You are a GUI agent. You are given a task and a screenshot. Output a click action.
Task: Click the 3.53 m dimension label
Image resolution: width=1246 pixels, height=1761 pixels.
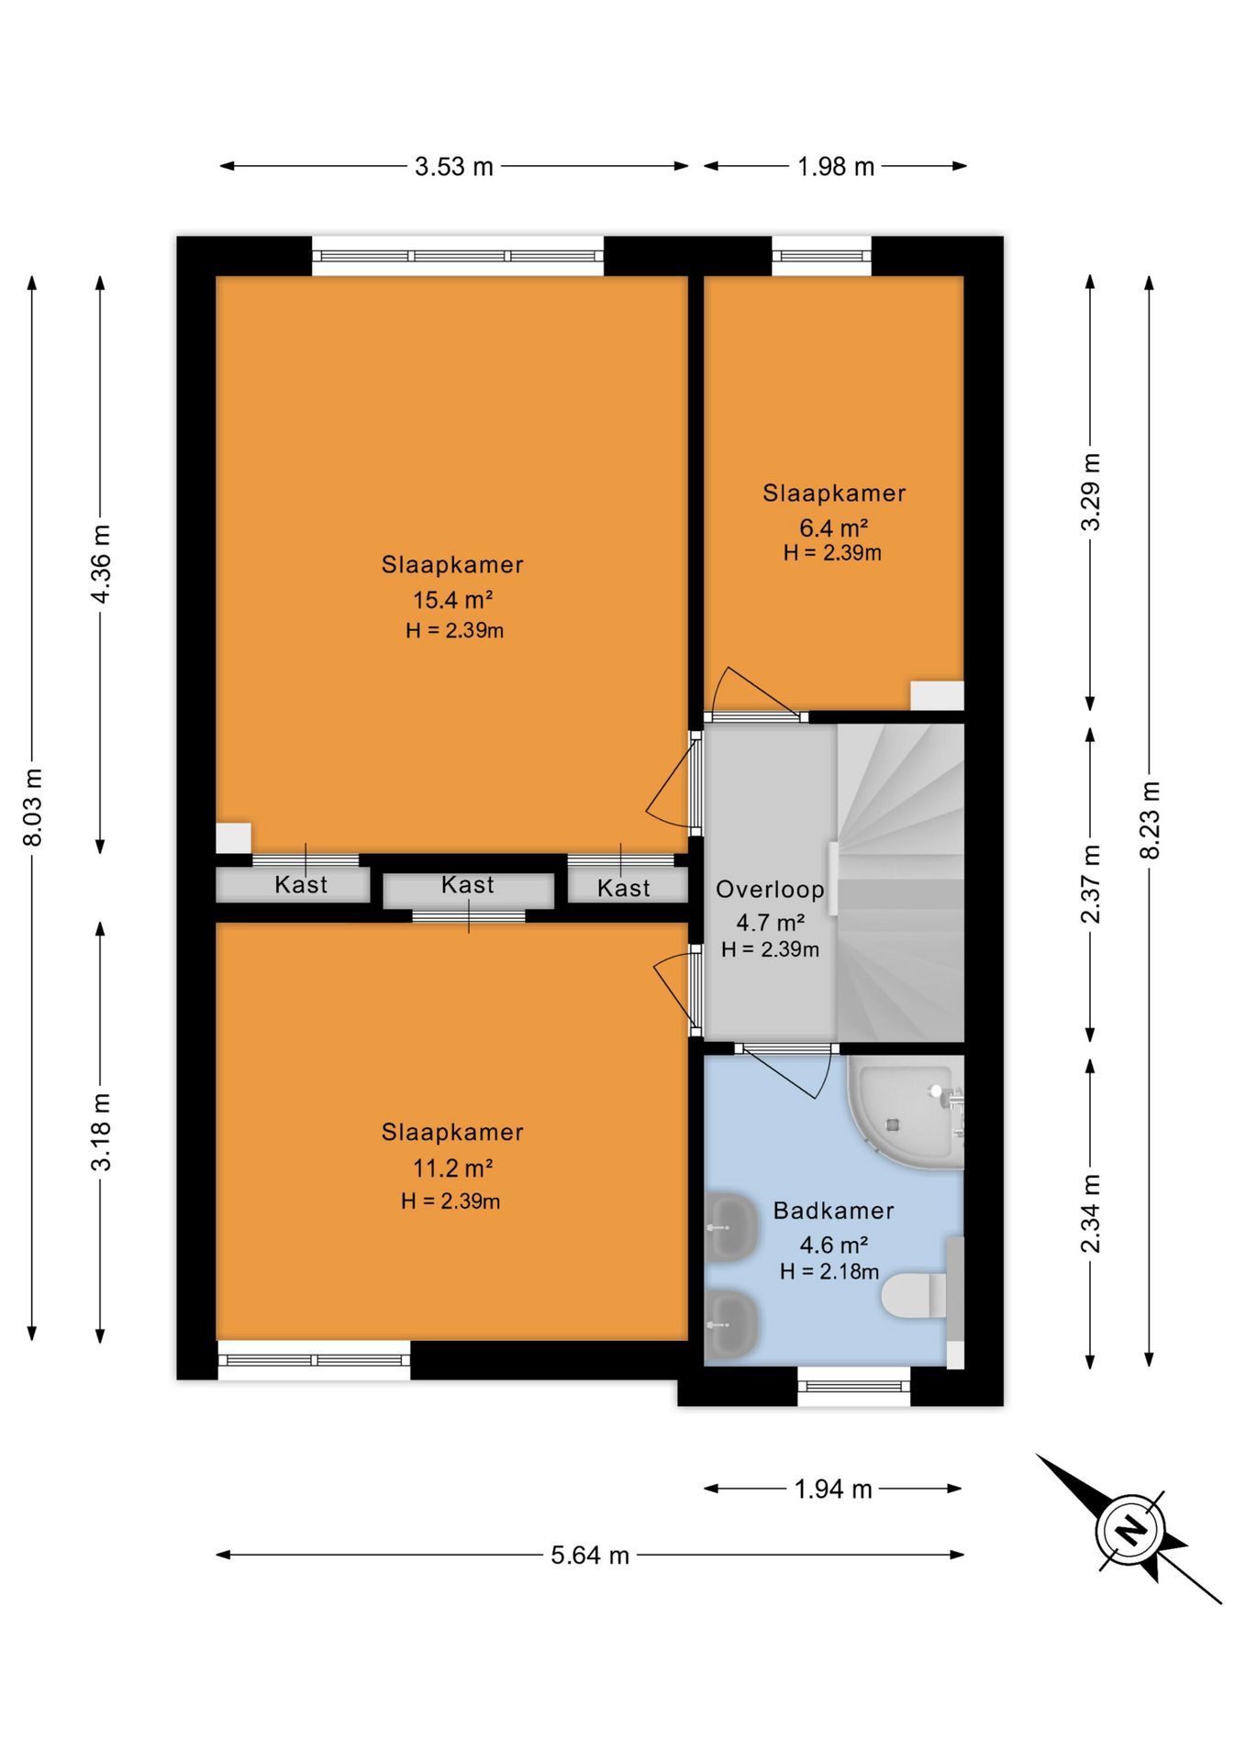click(x=454, y=167)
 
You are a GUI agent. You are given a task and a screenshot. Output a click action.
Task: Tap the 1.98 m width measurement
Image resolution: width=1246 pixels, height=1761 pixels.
click(x=836, y=167)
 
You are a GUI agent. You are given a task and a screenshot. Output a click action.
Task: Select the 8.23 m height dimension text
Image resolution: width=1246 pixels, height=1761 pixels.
click(x=1150, y=820)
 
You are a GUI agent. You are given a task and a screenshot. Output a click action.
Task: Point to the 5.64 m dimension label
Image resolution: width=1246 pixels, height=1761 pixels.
click(x=590, y=1556)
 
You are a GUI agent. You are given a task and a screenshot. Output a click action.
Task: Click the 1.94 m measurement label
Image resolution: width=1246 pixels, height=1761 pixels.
click(x=833, y=1490)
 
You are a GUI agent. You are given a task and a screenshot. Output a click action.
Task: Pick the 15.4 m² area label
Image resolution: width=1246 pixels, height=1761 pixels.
click(x=453, y=600)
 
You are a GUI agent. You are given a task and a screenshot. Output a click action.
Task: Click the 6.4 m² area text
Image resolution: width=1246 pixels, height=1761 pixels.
click(x=834, y=528)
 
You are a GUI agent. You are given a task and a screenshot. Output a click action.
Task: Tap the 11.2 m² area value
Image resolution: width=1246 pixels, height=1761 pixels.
click(x=453, y=1168)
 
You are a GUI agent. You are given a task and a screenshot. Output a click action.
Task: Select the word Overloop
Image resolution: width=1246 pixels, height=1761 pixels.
click(x=770, y=890)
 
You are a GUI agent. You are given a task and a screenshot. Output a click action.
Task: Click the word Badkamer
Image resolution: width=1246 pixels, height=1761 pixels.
click(x=834, y=1211)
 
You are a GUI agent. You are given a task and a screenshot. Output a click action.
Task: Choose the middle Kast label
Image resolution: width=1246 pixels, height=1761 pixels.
click(x=468, y=885)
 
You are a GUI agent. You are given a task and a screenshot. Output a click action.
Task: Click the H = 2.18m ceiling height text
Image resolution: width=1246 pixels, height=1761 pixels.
click(x=829, y=1271)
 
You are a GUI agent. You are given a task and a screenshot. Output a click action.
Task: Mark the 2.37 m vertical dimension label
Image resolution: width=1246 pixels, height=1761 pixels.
click(x=1091, y=884)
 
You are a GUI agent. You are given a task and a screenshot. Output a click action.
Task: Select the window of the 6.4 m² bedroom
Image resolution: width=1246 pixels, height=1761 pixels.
click(x=821, y=256)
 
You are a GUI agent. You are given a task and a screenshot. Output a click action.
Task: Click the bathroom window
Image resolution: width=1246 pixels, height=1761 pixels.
click(x=853, y=1386)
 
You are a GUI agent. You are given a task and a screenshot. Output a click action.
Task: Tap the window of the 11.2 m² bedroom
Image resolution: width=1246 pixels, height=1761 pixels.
click(x=314, y=1360)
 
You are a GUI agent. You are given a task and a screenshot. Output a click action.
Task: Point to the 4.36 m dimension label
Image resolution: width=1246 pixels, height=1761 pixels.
click(x=101, y=564)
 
